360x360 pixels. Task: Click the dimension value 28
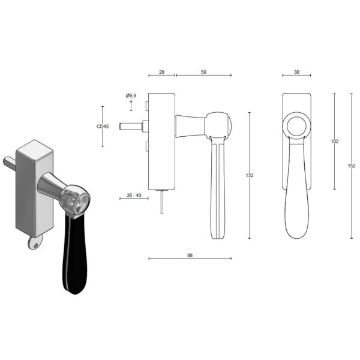pyautogui.click(x=161, y=71)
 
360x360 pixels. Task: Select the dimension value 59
pyautogui.click(x=203, y=71)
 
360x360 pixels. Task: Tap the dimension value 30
pyautogui.click(x=296, y=71)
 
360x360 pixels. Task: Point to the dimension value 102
pyautogui.click(x=335, y=142)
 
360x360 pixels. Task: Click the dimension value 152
pyautogui.click(x=351, y=166)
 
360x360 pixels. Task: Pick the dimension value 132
pyautogui.click(x=250, y=175)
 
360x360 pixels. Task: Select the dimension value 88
pyautogui.click(x=190, y=254)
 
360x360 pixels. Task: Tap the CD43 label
pyautogui.click(x=103, y=127)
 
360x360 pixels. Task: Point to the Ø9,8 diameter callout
pyautogui.click(x=131, y=96)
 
